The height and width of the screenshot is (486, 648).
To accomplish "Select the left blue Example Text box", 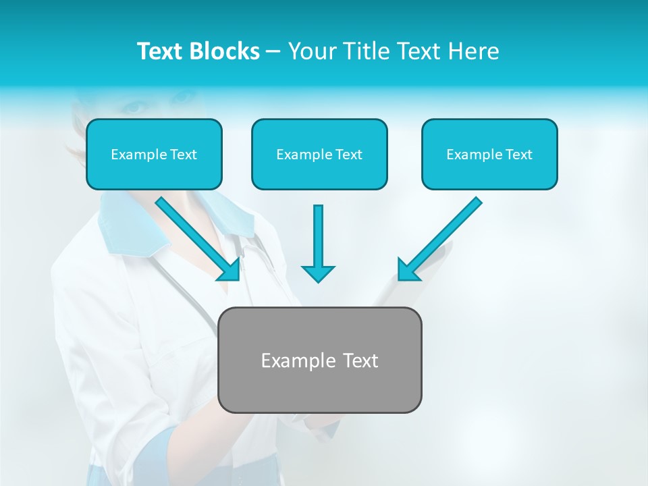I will coord(154,154).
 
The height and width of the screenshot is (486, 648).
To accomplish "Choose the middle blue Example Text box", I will coord(319,154).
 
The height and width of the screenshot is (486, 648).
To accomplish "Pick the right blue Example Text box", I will coord(489,154).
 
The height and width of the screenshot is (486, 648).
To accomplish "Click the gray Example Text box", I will coord(319,360).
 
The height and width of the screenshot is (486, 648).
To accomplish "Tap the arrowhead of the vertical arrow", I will coord(318,273).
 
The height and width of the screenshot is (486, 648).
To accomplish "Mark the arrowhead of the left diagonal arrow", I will coord(230,270).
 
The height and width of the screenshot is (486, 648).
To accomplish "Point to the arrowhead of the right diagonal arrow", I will coord(407,270).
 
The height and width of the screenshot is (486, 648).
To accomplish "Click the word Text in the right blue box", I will coord(518,155).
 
